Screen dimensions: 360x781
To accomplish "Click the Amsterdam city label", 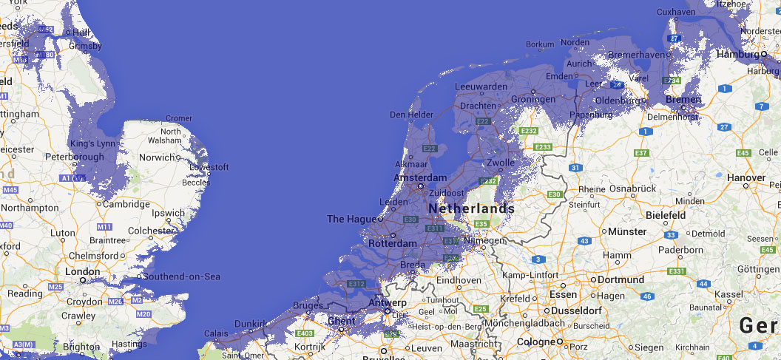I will point(420,178).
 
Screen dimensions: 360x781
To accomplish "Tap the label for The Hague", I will point(351,219).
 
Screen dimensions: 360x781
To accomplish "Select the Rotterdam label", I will point(392,243).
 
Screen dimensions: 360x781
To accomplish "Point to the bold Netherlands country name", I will point(470,208).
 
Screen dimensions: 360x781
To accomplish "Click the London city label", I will point(81,271).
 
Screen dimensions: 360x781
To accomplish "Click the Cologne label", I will point(536,342).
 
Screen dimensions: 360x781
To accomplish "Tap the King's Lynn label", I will point(92,143).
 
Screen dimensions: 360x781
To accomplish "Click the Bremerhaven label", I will point(634,55).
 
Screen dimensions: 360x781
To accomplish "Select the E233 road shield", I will point(543,147).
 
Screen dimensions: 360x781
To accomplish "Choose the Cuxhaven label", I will point(676,12).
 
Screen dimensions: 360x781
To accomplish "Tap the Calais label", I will point(216,333).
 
